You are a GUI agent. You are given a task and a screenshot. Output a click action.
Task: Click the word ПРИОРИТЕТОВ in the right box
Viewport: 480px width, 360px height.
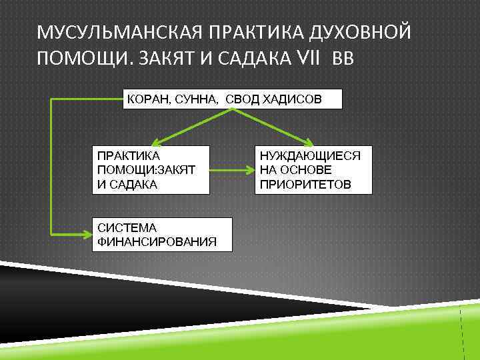305,183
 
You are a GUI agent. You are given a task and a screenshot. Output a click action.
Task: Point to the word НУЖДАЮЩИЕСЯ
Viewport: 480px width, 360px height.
310,155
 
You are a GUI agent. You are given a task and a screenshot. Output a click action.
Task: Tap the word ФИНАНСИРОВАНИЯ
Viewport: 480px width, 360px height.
157,241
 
